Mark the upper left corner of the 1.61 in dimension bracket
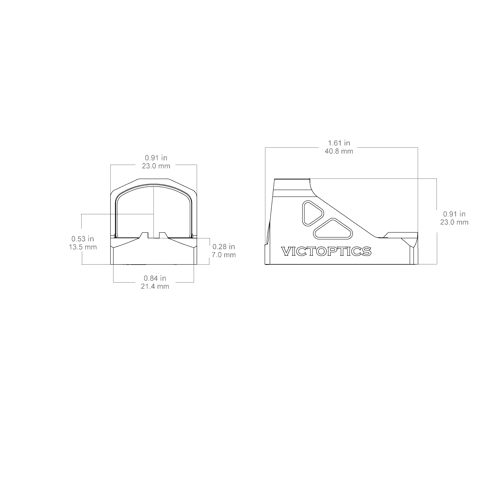click(x=265, y=147)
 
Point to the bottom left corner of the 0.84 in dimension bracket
click(x=114, y=282)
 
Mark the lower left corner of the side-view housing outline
click(x=265, y=264)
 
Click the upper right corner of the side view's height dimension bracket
click(x=437, y=179)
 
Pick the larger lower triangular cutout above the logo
click(x=333, y=229)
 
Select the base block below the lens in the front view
click(x=154, y=251)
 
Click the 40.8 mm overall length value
click(x=339, y=151)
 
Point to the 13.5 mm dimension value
click(x=83, y=247)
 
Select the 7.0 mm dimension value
click(x=224, y=255)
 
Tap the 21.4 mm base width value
click(x=155, y=286)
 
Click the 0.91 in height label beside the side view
click(x=454, y=214)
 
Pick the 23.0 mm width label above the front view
click(x=156, y=166)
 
